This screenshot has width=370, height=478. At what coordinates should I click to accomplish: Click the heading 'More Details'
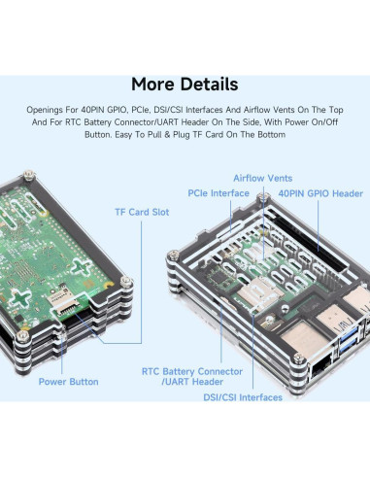point(185,85)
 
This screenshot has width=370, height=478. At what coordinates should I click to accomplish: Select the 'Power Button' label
point(68,382)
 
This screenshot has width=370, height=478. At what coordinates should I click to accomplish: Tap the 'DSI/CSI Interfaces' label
point(243,396)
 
